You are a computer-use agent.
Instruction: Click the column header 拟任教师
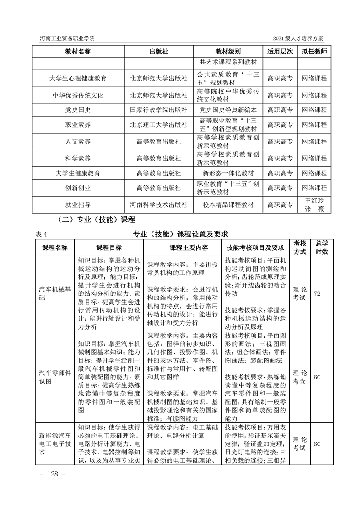(314, 52)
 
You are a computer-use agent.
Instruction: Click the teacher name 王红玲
(314, 200)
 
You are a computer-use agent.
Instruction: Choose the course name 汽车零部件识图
(55, 377)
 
